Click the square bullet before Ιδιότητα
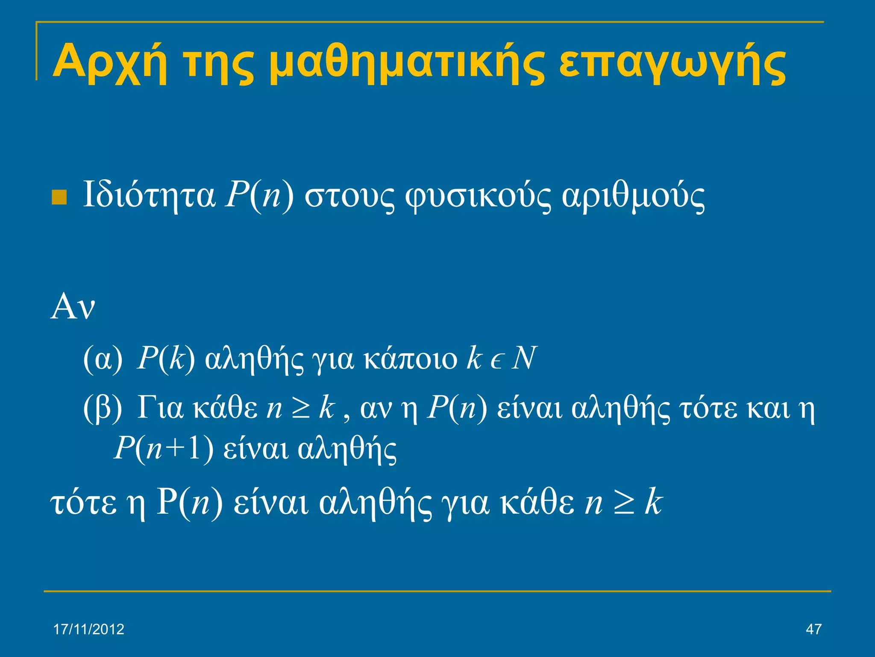pos(59,197)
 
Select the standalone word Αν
pos(72,306)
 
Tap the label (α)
pos(103,358)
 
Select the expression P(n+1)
pos(164,449)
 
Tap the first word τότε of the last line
pos(84,503)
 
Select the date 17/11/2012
pos(88,629)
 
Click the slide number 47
pos(813,629)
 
